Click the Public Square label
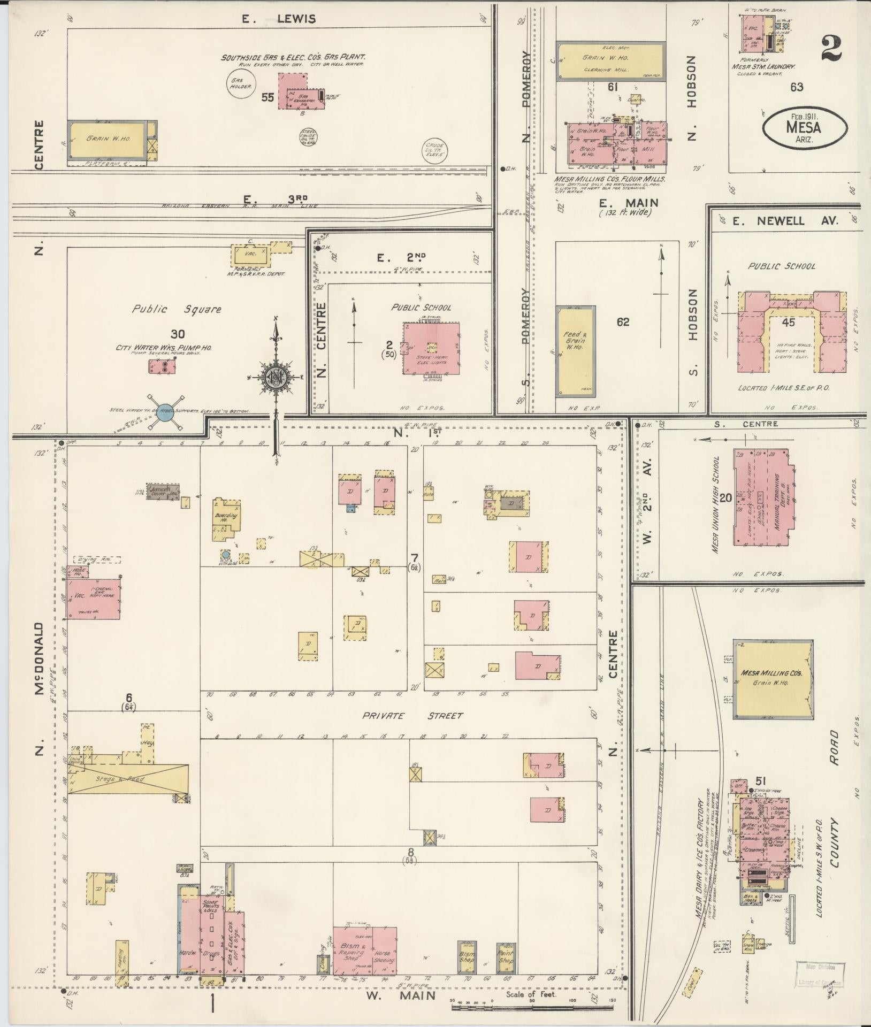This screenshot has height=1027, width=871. (177, 309)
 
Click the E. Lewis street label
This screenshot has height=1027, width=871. (278, 19)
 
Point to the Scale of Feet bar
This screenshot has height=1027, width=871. (532, 1007)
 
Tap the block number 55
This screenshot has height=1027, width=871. (268, 97)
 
